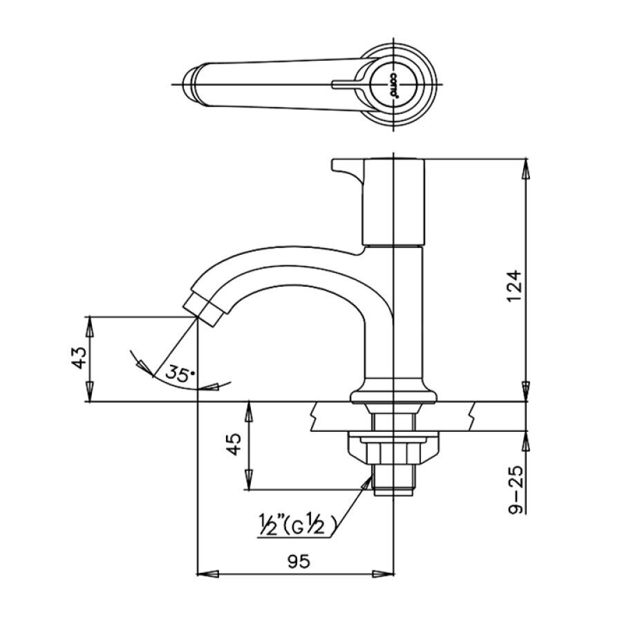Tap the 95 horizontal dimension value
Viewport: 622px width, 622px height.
tap(297, 561)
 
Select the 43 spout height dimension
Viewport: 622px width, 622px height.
tap(79, 357)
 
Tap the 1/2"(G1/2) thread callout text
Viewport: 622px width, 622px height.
tap(297, 527)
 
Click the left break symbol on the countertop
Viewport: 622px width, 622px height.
tap(315, 417)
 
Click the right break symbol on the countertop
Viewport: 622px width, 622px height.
tap(472, 417)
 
